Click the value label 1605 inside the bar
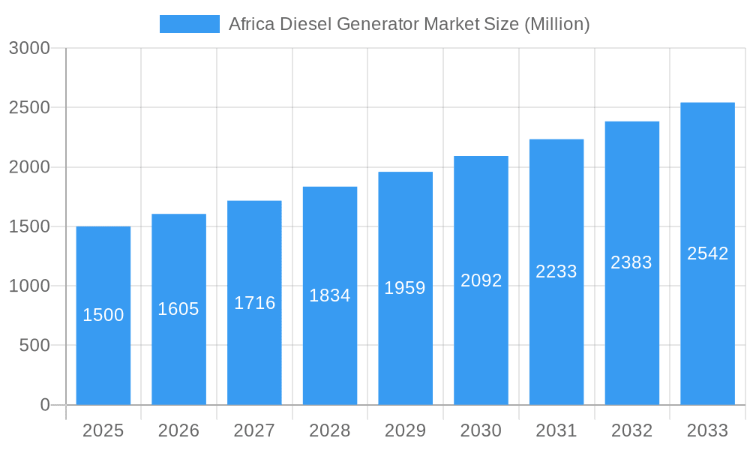click(x=178, y=309)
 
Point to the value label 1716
click(x=255, y=303)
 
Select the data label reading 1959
click(x=405, y=288)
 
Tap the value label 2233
click(x=556, y=272)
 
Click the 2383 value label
click(x=631, y=262)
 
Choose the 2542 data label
click(x=707, y=253)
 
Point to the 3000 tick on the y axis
click(x=29, y=49)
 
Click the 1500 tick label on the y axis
click(x=29, y=226)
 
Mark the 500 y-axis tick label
click(x=34, y=346)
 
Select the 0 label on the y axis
click(x=44, y=405)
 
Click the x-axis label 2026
click(x=178, y=430)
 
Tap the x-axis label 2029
click(x=405, y=430)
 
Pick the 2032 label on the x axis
click(x=631, y=430)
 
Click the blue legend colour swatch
click(x=190, y=24)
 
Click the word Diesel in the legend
click(x=307, y=24)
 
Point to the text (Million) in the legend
click(x=556, y=24)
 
